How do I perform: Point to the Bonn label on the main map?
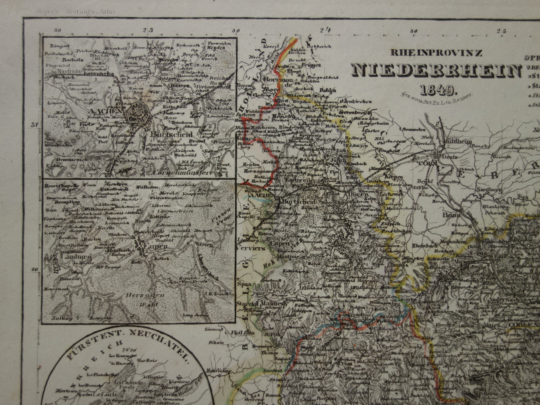450,215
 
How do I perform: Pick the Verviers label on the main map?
252,248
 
